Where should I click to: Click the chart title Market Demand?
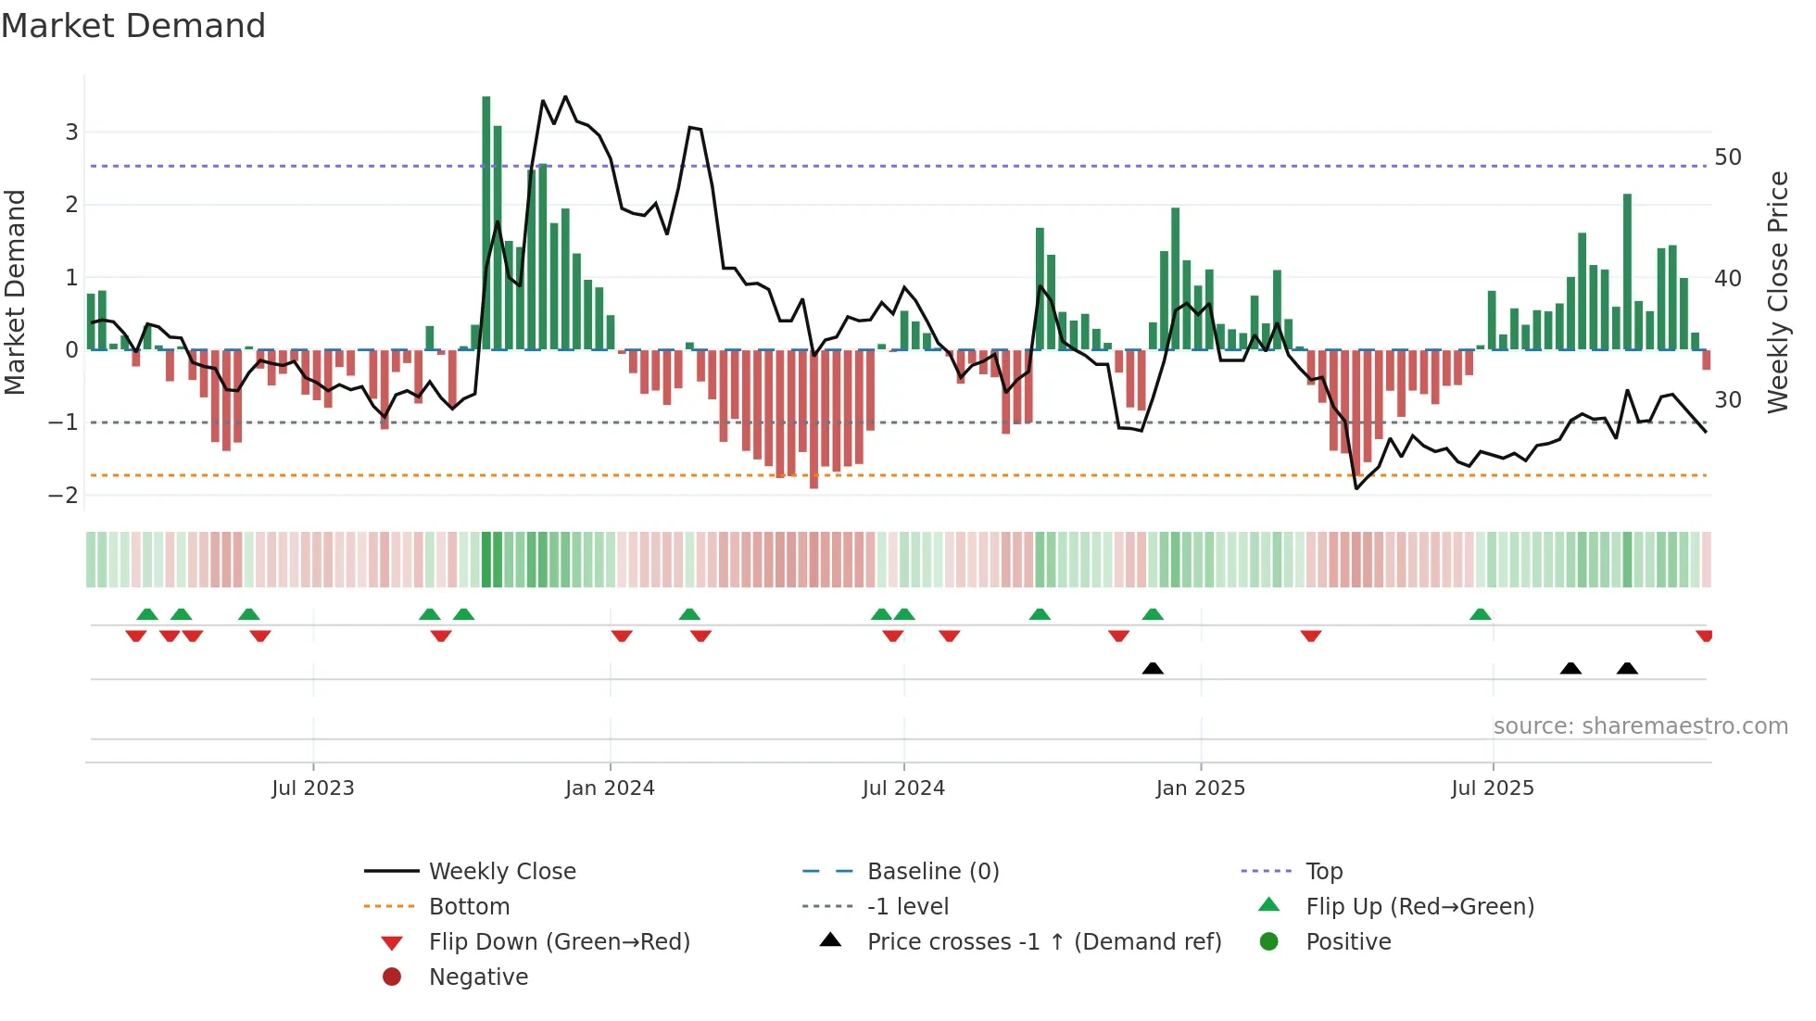(x=133, y=26)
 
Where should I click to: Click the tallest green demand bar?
(x=486, y=222)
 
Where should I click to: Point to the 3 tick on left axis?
(x=71, y=132)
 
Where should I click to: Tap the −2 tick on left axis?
(x=64, y=495)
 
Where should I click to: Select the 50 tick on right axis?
(x=1728, y=157)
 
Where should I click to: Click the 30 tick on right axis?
(x=1728, y=399)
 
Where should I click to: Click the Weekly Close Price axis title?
(x=1777, y=292)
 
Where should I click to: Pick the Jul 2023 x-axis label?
(x=313, y=788)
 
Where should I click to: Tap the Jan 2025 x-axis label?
(x=1201, y=788)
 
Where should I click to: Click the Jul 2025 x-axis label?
(x=1493, y=788)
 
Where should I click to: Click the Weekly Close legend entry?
(x=501, y=871)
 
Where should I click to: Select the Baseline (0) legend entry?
(x=932, y=871)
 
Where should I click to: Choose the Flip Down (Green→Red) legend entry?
(x=559, y=941)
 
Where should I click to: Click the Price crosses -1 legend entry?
(x=1043, y=941)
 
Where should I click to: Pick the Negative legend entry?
(x=478, y=977)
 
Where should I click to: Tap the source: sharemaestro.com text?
(x=1640, y=725)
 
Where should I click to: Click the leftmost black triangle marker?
(x=1153, y=668)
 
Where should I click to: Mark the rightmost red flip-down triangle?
(x=1704, y=636)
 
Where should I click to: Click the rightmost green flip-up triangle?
(x=1481, y=614)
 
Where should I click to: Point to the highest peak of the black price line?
(x=565, y=96)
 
